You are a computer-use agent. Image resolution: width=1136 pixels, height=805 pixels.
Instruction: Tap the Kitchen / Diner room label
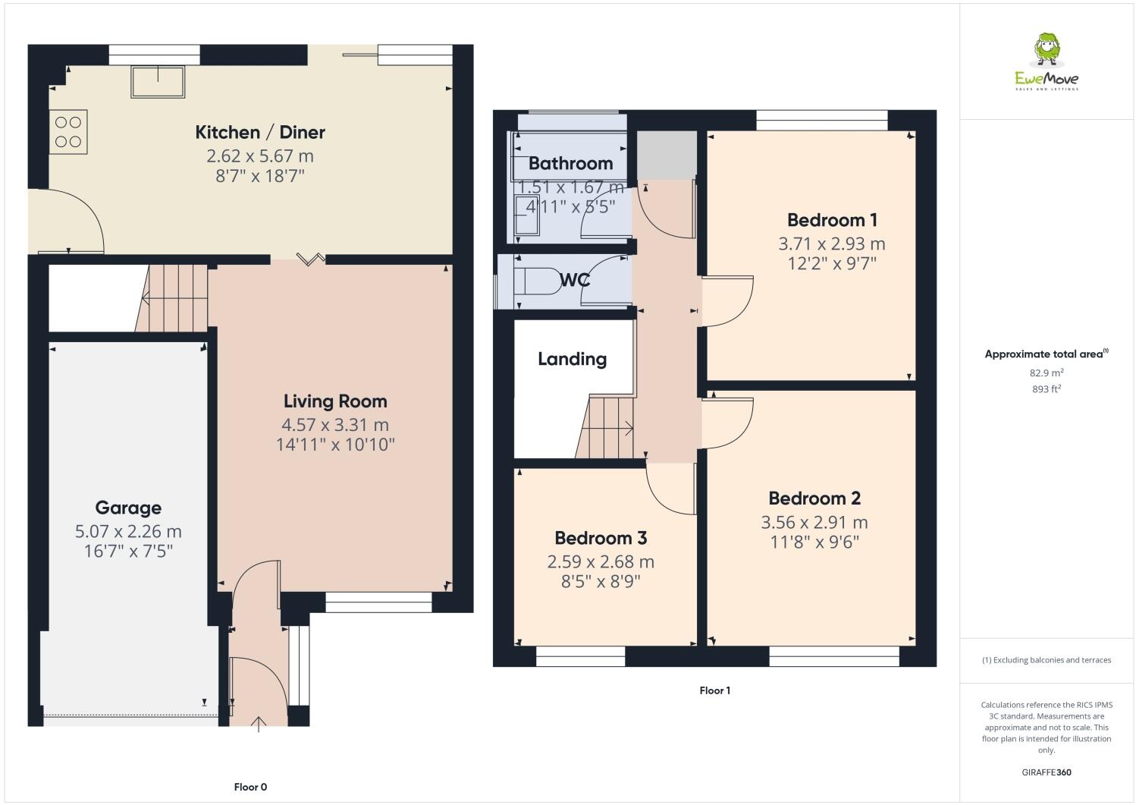[x=260, y=132]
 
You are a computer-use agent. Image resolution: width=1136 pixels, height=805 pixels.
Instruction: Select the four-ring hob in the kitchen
[x=68, y=131]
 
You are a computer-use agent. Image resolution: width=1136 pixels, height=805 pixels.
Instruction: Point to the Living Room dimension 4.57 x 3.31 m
[x=335, y=425]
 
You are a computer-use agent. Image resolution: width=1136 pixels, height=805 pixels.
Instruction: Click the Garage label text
[x=128, y=508]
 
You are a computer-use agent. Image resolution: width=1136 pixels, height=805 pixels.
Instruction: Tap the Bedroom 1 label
[x=832, y=220]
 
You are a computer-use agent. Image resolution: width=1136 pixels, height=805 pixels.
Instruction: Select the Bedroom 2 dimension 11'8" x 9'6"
[x=814, y=542]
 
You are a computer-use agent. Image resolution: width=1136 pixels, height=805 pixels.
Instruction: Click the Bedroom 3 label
[x=601, y=538]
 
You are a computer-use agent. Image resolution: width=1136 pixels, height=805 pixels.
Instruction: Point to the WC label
[x=575, y=280]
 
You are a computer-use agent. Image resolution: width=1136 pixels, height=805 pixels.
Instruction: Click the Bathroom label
[x=570, y=163]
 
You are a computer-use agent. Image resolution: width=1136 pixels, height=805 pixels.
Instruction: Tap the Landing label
[x=572, y=359]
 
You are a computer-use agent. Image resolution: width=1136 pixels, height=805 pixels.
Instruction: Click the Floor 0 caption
[x=250, y=787]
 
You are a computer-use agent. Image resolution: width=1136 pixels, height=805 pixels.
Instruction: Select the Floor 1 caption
[x=714, y=690]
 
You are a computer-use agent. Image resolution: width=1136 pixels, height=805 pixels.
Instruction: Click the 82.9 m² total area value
[x=1047, y=373]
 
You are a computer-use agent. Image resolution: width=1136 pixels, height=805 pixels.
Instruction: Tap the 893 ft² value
[x=1047, y=389]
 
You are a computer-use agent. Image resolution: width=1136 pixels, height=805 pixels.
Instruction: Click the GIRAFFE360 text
[x=1047, y=772]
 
